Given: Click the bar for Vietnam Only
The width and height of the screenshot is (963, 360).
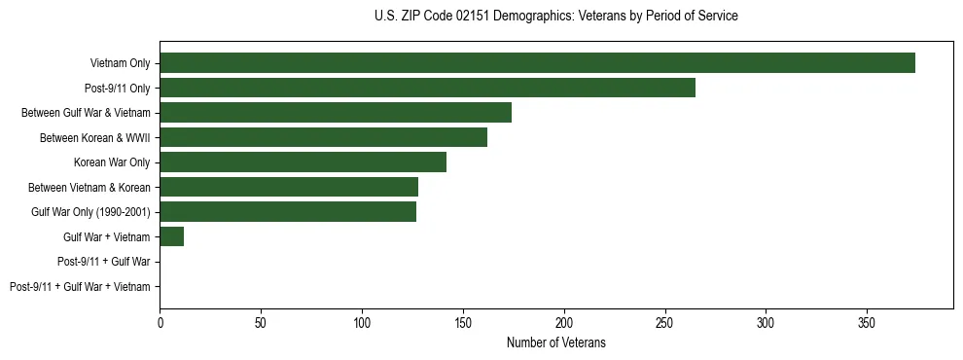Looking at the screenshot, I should [x=537, y=63].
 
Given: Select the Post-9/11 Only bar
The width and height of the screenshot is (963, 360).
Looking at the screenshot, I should [x=427, y=88].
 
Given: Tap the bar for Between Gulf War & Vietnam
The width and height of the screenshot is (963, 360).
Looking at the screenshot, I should [x=336, y=113].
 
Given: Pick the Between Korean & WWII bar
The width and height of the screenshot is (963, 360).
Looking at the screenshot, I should [x=323, y=137].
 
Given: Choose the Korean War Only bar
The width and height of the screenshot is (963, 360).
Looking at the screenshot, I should [x=303, y=162].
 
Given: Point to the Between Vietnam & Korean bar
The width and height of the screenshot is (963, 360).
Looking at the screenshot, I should [x=289, y=187].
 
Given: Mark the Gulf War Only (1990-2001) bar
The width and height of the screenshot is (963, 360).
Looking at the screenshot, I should [x=288, y=212].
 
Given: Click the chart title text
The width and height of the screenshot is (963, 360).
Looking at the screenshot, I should [x=555, y=17].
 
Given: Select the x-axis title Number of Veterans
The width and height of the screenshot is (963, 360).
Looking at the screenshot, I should [x=555, y=342].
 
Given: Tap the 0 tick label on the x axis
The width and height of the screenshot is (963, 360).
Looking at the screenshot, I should [x=160, y=322].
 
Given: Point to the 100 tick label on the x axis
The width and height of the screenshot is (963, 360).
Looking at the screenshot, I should [x=362, y=322].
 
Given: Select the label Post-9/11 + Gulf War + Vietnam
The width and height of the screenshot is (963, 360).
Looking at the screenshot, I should [x=80, y=287].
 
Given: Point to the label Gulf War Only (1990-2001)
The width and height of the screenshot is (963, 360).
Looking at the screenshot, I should [x=90, y=212].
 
